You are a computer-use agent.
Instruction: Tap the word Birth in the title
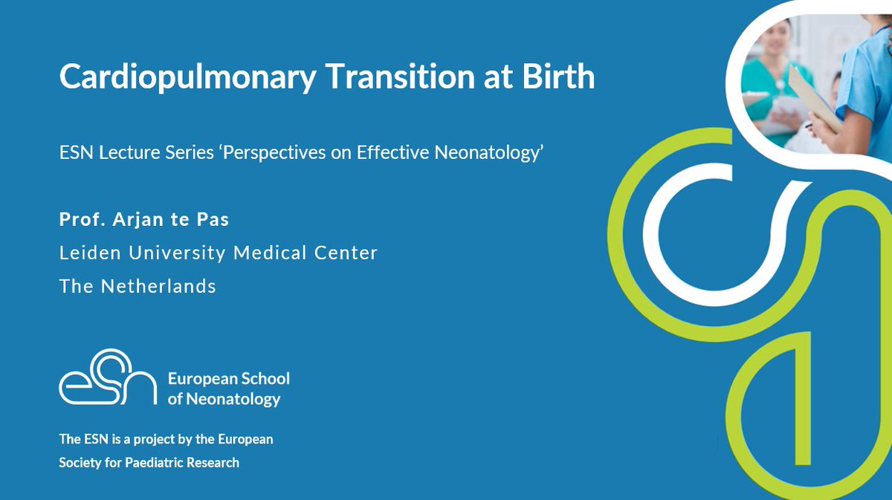[560, 77]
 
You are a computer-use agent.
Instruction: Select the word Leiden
[84, 253]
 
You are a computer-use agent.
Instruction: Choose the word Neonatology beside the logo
[233, 399]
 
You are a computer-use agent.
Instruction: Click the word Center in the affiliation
[349, 253]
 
